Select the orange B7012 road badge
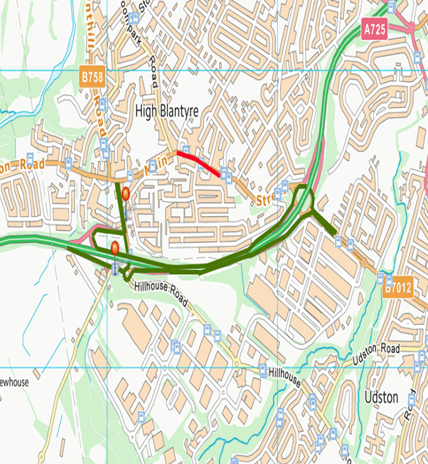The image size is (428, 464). (397, 289)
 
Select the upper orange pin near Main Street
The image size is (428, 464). (126, 193)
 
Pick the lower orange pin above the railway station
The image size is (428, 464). (114, 247)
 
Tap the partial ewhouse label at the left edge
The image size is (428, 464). (14, 382)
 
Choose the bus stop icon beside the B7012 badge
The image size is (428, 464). (381, 278)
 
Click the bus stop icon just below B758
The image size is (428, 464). (103, 104)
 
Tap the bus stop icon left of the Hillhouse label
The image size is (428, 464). (262, 369)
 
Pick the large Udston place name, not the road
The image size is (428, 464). (380, 397)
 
